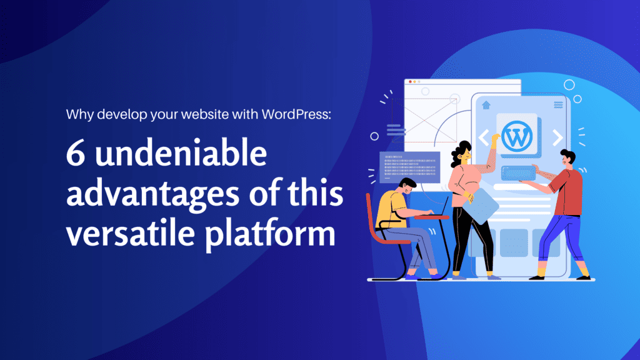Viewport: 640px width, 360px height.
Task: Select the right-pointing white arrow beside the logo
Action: click(x=557, y=137)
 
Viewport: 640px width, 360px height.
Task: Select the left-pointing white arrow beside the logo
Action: click(x=484, y=137)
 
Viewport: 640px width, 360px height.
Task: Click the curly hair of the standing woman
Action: click(x=463, y=150)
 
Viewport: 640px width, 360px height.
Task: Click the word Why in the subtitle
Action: click(x=77, y=116)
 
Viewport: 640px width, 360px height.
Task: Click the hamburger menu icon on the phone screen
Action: click(x=558, y=105)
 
